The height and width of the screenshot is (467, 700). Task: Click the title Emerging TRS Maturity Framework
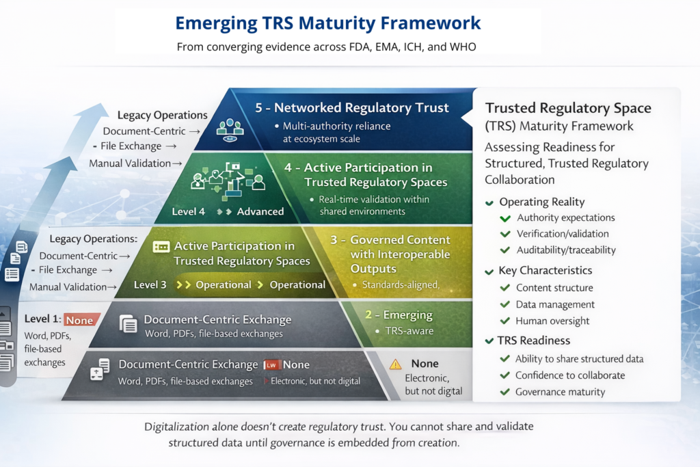(328, 23)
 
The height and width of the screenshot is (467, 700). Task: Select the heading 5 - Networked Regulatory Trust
(352, 107)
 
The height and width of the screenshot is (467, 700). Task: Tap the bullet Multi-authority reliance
(332, 126)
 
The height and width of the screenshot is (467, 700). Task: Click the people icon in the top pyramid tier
(230, 128)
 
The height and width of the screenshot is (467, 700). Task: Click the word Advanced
(260, 211)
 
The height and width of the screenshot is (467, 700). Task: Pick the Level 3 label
(150, 284)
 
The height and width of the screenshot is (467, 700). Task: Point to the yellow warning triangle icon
(395, 364)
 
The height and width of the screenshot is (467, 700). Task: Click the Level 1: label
(42, 319)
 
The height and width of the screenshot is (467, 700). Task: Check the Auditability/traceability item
(566, 250)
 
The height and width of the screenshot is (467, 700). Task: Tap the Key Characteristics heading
(545, 270)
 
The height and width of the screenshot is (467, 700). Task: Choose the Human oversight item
(552, 321)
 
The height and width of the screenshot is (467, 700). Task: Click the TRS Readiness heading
(534, 341)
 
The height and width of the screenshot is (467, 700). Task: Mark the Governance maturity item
(560, 392)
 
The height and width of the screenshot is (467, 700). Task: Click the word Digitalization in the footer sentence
(177, 427)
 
